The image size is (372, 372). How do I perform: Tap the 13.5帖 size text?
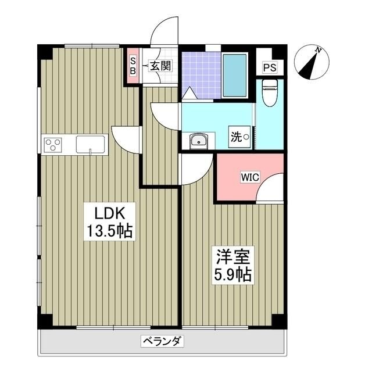pyautogui.click(x=110, y=231)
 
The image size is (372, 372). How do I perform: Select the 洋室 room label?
pyautogui.click(x=230, y=256)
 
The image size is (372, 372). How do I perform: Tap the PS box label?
pyautogui.click(x=269, y=67)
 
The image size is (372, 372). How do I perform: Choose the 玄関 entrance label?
pyautogui.click(x=160, y=66)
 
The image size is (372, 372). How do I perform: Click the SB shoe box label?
pyautogui.click(x=133, y=65)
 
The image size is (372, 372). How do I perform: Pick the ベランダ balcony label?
pyautogui.click(x=162, y=342)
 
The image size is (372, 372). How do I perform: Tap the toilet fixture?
pyautogui.click(x=269, y=93)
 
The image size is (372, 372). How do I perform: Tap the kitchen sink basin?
pyautogui.click(x=90, y=144)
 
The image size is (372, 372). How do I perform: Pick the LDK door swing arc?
pyautogui.click(x=127, y=139)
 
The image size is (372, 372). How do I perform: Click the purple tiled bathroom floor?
pyautogui.click(x=201, y=74)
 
